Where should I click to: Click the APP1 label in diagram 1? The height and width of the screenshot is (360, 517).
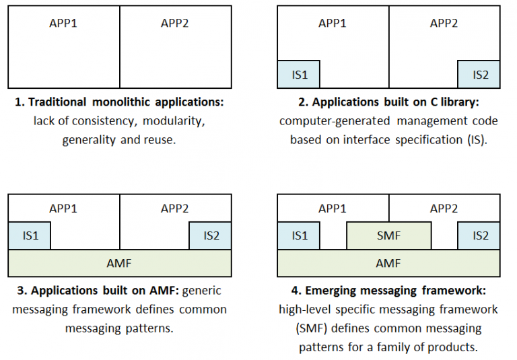[x=63, y=23]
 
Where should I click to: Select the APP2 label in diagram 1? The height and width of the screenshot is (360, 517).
[x=174, y=23]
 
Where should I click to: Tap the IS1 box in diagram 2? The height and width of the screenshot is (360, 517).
[x=299, y=75]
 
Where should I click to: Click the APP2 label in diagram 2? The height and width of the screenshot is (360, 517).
[x=444, y=23]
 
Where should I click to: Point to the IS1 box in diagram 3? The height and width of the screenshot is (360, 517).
[x=29, y=236]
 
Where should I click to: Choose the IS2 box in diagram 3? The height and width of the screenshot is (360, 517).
[x=211, y=236]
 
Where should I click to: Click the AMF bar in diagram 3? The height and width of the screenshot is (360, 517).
[x=119, y=263]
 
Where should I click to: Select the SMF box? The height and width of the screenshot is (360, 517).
[x=388, y=236]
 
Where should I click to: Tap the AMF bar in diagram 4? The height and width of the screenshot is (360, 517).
[x=388, y=263]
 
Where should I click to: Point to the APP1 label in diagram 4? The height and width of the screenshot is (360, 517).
[x=333, y=208]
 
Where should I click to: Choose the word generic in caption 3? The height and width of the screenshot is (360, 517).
[x=200, y=291]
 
